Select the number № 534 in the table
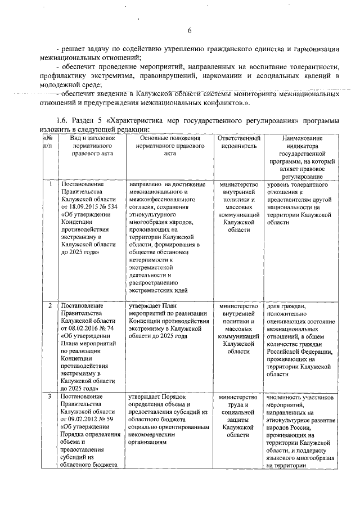109,207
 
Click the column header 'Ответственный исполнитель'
238,142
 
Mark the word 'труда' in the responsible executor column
238,404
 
